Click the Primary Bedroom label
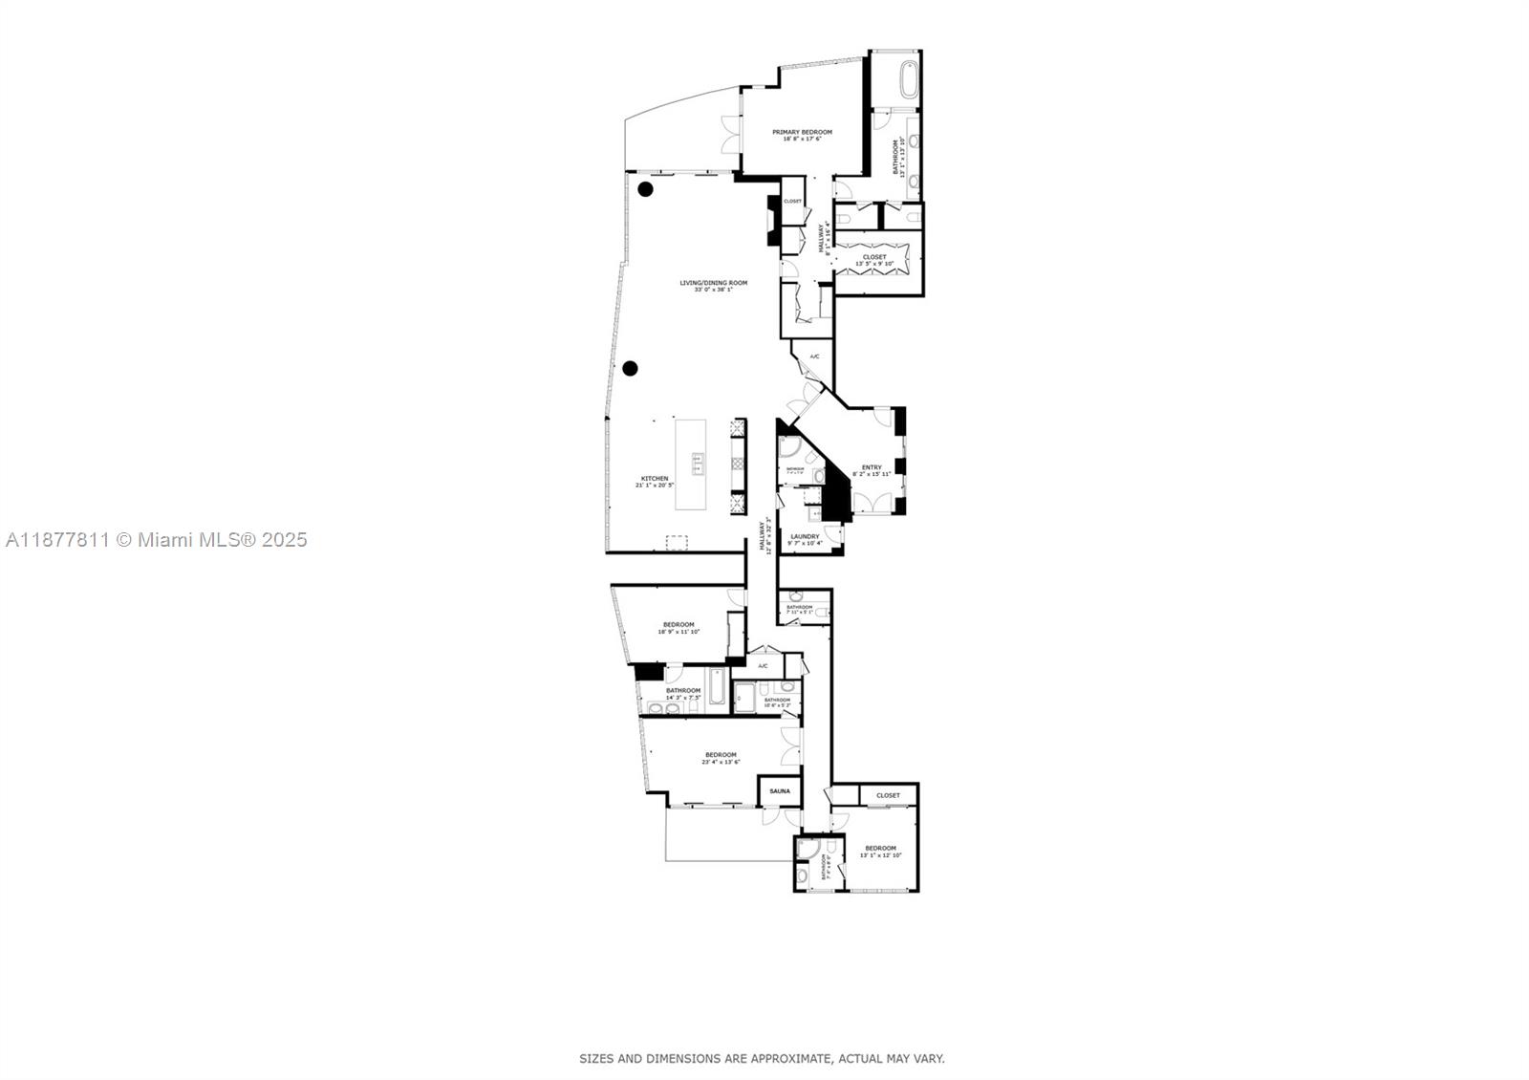click(802, 135)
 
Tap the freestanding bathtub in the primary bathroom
click(908, 77)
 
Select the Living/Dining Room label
click(713, 285)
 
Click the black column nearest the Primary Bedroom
click(646, 188)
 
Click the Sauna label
click(780, 791)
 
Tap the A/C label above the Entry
click(814, 356)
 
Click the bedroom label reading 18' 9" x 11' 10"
click(678, 627)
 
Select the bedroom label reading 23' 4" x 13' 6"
click(721, 757)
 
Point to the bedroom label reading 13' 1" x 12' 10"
click(880, 851)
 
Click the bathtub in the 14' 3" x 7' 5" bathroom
click(718, 686)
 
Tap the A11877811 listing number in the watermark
click(57, 540)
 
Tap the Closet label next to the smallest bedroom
click(888, 795)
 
